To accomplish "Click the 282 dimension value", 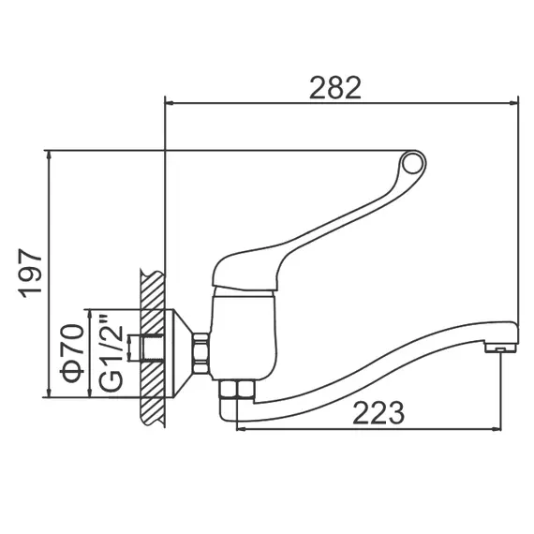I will (x=334, y=87).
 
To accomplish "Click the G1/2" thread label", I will (x=110, y=353).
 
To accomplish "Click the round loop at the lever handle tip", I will (x=412, y=165).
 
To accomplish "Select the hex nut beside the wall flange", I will (x=200, y=353).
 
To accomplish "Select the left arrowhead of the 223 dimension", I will (x=240, y=430).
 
